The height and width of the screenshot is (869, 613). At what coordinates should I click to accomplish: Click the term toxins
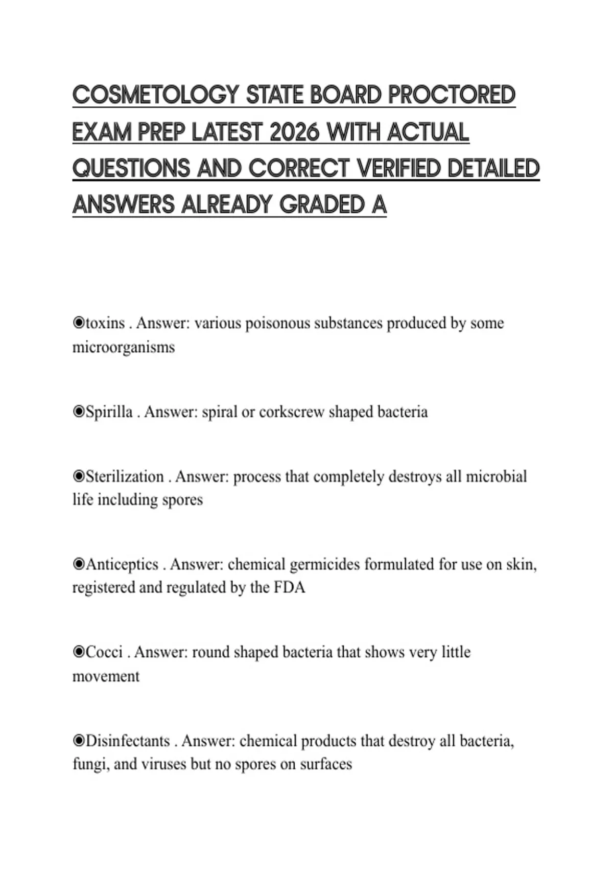click(x=105, y=324)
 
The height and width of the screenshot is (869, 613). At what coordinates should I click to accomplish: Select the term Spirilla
click(x=109, y=412)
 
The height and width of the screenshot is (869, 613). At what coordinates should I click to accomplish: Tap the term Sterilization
click(x=125, y=477)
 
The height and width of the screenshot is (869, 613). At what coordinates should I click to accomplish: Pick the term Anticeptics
click(x=122, y=565)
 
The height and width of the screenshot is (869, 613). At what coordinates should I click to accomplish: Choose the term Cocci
click(x=104, y=653)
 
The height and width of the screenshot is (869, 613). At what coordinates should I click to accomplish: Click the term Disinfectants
click(x=128, y=741)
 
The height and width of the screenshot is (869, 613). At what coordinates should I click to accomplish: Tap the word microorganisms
click(x=124, y=348)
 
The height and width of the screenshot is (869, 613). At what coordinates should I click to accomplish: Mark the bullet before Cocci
click(x=79, y=653)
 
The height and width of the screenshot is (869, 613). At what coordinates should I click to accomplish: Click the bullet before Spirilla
click(x=79, y=412)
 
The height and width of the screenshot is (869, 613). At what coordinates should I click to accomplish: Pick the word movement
click(x=106, y=676)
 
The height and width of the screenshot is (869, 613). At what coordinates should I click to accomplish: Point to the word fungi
click(x=90, y=765)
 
